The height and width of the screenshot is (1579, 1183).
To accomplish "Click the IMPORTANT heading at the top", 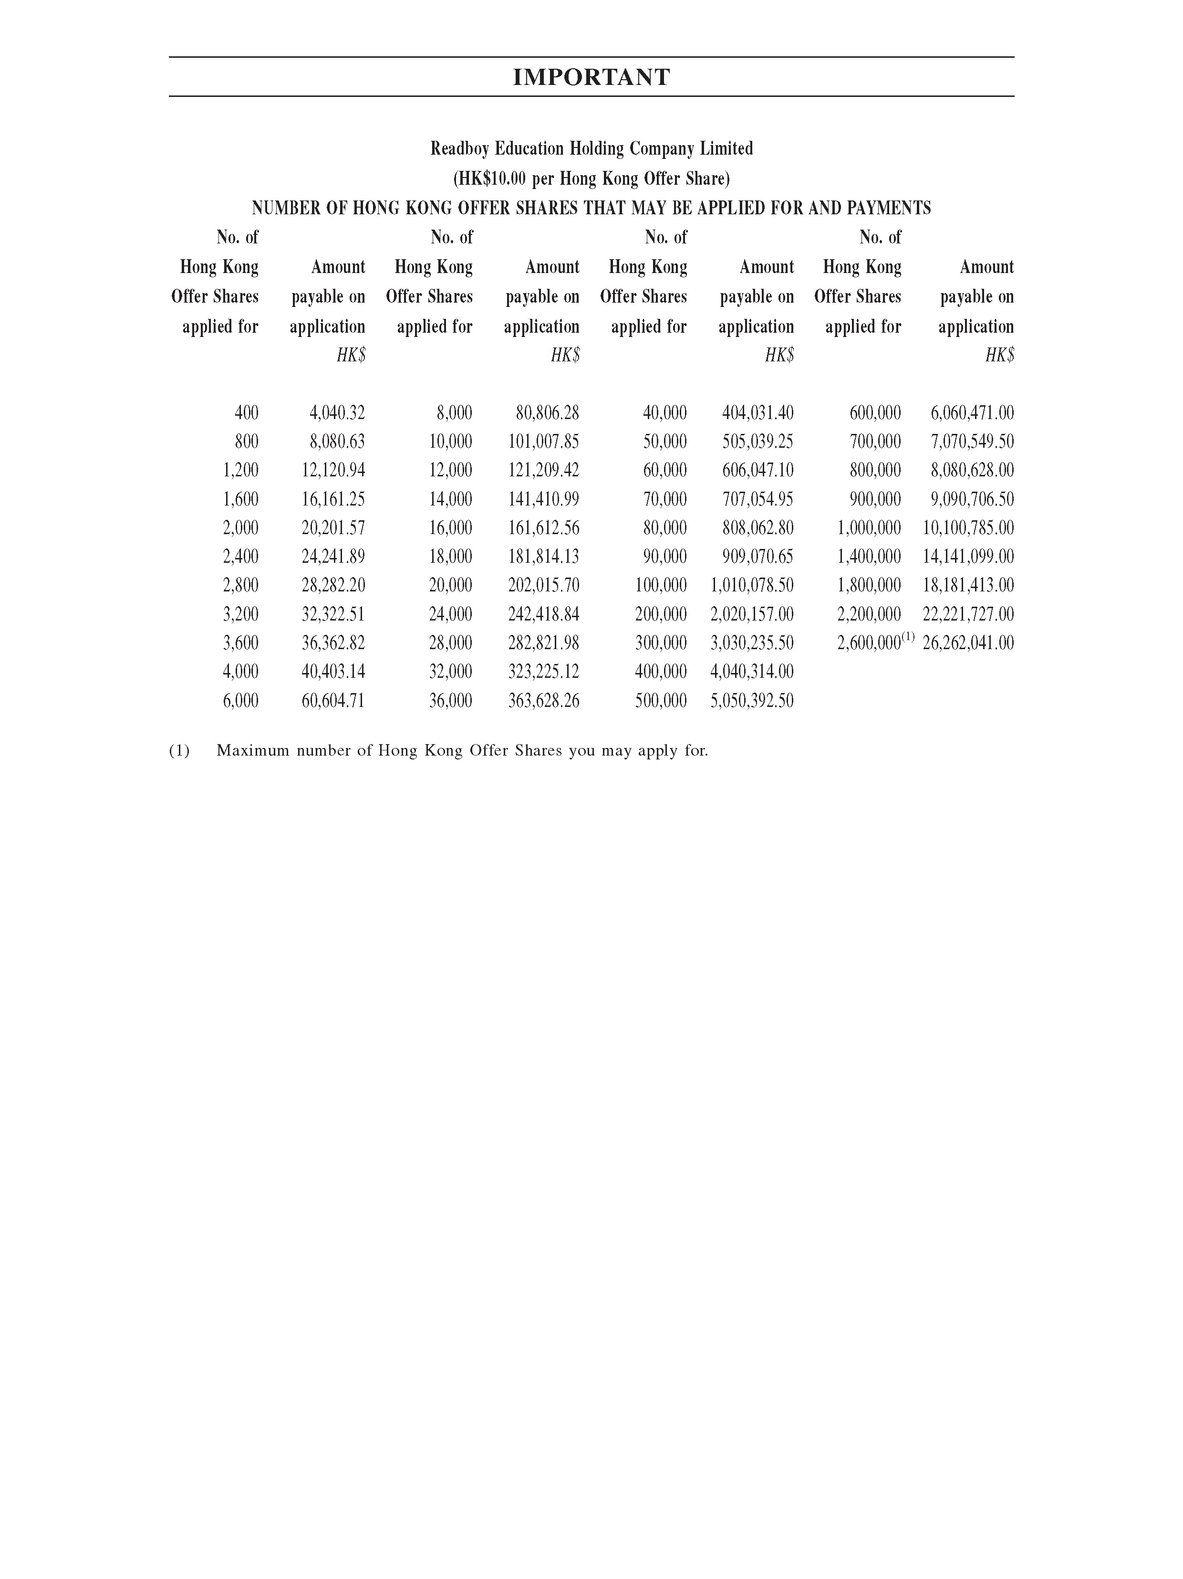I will coord(591,77).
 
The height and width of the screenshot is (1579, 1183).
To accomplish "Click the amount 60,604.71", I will coord(333,700).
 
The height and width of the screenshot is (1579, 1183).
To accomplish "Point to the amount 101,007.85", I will coord(544,441).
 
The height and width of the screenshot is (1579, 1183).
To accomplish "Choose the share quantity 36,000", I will coord(450,700).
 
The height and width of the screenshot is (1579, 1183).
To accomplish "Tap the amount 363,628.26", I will coord(544,700).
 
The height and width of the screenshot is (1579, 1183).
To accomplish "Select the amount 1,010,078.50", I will coord(752,585).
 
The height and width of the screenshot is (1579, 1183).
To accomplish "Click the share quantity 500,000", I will coord(661,700).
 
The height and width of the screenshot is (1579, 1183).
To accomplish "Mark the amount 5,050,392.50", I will coord(752,700).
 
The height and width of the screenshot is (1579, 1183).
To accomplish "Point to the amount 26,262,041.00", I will coord(968,643).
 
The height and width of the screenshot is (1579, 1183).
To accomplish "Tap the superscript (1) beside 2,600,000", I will coord(908,637).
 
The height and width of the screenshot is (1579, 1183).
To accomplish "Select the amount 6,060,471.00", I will coord(972,412).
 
